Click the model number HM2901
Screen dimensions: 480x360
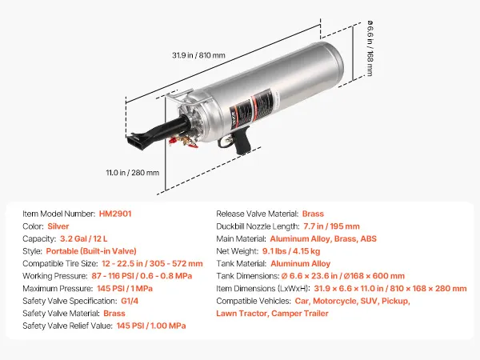coord(115,214)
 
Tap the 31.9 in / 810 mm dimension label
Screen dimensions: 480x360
coord(198,55)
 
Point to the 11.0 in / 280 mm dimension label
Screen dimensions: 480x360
coord(133,173)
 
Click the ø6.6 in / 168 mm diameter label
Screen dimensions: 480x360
coord(370,48)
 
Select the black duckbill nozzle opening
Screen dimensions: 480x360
coord(137,142)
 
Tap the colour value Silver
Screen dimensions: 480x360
coord(58,226)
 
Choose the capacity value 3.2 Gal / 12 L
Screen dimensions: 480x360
coord(83,238)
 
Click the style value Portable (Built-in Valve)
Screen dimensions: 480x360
coord(91,251)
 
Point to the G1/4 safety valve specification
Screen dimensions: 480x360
coord(130,301)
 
